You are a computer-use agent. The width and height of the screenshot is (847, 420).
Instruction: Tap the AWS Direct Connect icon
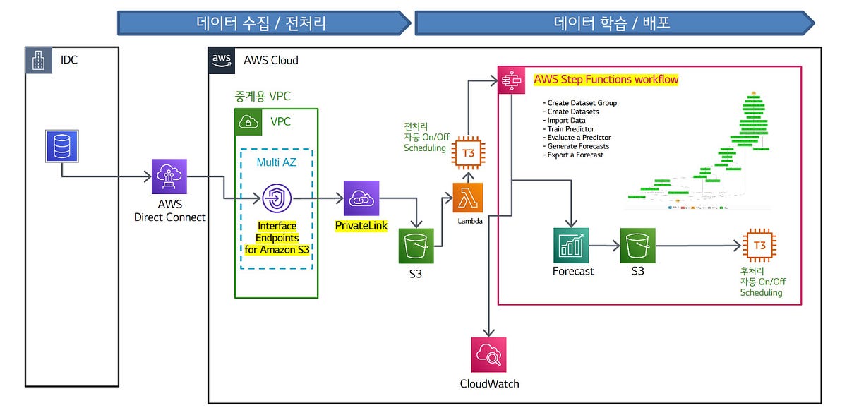[x=169, y=176]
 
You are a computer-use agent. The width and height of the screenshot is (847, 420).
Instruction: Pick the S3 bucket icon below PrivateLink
[x=416, y=246]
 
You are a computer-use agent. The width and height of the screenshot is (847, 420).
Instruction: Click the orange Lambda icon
[x=468, y=198]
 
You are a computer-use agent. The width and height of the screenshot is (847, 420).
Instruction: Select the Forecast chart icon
[x=571, y=245]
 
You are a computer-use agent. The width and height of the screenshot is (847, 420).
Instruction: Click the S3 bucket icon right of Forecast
[x=638, y=245]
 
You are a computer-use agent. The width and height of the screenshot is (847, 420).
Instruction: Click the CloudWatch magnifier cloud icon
[x=488, y=355]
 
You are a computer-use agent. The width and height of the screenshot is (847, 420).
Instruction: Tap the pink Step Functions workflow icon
[x=510, y=80]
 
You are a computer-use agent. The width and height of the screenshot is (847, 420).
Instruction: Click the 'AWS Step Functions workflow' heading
[x=606, y=80]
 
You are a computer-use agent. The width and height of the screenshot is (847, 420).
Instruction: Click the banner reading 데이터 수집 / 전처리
[x=261, y=23]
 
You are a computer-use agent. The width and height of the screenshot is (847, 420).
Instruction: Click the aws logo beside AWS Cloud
[x=222, y=60]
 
